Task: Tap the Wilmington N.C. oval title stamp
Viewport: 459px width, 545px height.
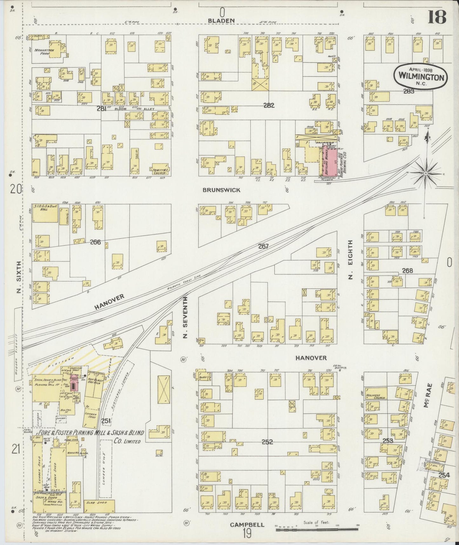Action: point(421,75)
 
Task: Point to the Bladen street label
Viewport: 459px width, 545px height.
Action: point(221,20)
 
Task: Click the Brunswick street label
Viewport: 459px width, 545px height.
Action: point(221,190)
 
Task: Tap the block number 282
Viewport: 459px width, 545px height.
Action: point(268,106)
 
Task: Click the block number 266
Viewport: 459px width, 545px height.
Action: point(95,242)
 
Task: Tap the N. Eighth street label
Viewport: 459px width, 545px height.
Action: point(350,260)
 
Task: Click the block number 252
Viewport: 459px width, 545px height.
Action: point(267,442)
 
